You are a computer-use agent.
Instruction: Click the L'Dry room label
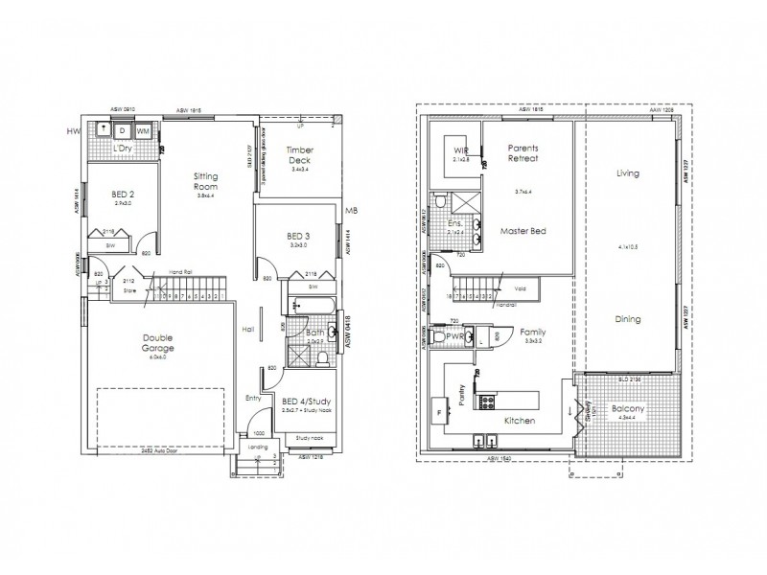point(122,149)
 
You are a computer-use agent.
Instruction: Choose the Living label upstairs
point(628,173)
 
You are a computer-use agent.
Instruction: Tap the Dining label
point(629,319)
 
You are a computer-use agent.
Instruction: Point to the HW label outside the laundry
point(72,131)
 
